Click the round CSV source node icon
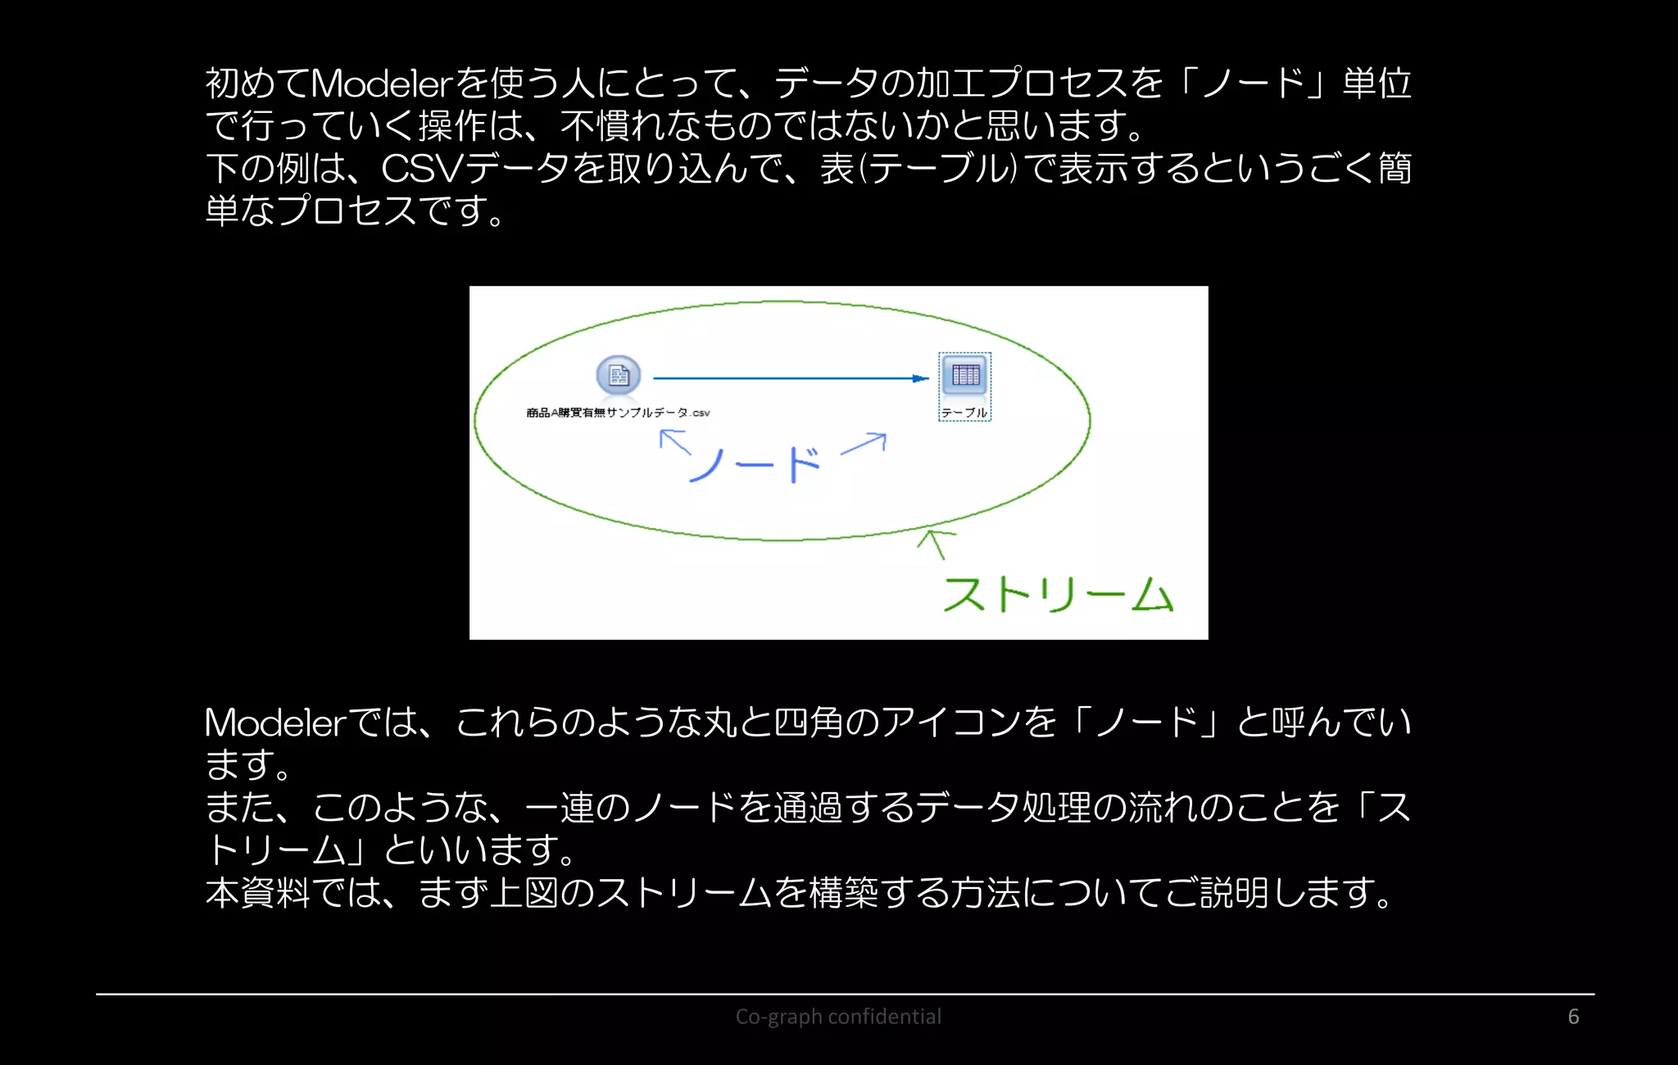point(619,376)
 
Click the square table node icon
point(965,375)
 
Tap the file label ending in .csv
point(618,413)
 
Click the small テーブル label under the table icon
point(964,413)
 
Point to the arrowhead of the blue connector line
point(921,378)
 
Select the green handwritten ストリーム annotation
point(1058,594)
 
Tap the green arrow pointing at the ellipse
point(935,543)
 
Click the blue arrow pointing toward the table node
point(865,443)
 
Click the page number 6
point(1573,1017)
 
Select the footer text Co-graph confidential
point(838,1017)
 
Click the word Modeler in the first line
point(382,83)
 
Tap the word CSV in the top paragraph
point(423,168)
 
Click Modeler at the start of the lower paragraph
point(275,723)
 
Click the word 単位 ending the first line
point(1376,83)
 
